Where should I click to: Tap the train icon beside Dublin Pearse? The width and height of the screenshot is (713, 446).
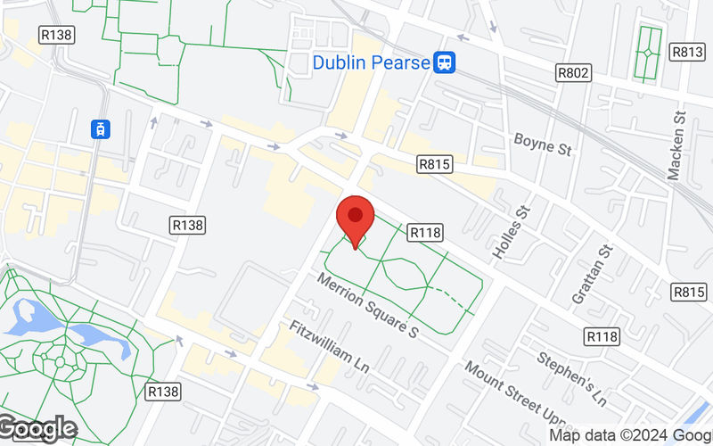(445, 62)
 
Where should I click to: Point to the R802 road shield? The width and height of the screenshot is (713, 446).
(572, 72)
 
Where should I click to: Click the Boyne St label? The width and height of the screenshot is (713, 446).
(542, 143)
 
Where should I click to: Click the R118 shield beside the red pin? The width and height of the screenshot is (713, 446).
(426, 232)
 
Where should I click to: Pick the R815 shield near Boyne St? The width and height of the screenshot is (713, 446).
(435, 164)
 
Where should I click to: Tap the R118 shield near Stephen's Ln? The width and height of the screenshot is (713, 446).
(602, 336)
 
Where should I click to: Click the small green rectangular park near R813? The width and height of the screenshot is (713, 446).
(647, 51)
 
